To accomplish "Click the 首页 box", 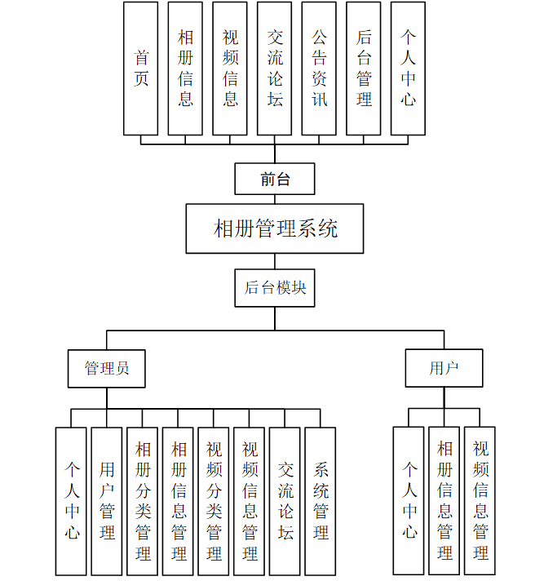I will point(141,69).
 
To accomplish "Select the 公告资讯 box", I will point(319,69).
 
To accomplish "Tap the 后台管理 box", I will point(364,69).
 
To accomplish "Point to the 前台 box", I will point(275,179).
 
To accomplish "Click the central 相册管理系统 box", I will point(275,228).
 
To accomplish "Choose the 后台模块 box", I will point(275,288).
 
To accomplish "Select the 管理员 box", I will point(107,368).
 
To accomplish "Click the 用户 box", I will point(444,368).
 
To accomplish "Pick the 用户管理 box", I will point(107,501).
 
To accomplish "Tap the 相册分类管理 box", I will point(143,501).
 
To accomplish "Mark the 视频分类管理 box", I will point(214,501).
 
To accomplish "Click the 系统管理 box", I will point(321,501).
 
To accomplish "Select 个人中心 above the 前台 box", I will point(408,69).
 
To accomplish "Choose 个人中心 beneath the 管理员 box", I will point(71,501).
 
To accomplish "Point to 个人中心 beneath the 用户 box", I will point(409,501).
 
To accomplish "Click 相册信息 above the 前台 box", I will point(185,69).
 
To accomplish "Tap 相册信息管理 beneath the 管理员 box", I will point(179,501).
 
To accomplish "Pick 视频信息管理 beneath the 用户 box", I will point(480,501).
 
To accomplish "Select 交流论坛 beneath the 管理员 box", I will point(285,501).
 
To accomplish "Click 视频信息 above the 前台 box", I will point(230,69).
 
